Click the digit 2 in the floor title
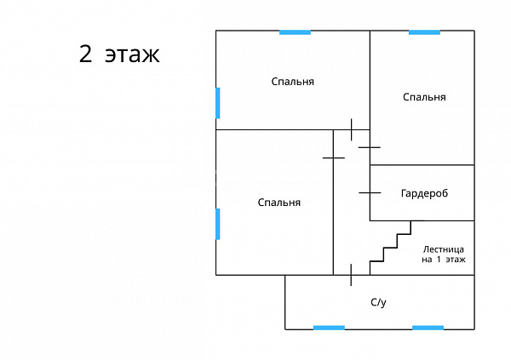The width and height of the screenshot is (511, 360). [85, 54]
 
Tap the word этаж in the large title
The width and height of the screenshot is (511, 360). [132, 55]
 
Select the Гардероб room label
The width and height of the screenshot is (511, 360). [424, 193]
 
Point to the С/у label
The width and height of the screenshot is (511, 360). [378, 303]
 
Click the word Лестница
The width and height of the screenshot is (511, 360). [444, 250]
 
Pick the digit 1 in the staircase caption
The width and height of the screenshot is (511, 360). [439, 260]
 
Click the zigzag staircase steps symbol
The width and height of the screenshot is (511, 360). [390, 242]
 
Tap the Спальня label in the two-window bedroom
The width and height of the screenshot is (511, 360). [293, 82]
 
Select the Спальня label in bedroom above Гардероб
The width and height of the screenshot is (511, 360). [424, 97]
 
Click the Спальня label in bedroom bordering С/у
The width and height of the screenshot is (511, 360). [279, 203]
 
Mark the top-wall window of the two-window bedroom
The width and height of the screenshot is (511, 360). [295, 32]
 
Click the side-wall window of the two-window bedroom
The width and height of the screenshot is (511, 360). [218, 103]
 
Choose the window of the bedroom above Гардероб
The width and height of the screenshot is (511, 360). [424, 32]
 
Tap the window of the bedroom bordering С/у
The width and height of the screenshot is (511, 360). [218, 224]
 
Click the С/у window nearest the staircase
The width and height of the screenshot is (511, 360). [428, 328]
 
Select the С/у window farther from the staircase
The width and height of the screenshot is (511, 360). [329, 328]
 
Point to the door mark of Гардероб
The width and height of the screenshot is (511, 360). [370, 193]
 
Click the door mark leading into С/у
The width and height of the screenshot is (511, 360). [351, 275]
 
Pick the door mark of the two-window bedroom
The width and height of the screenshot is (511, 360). [351, 129]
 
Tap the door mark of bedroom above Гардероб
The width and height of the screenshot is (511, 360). [370, 147]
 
